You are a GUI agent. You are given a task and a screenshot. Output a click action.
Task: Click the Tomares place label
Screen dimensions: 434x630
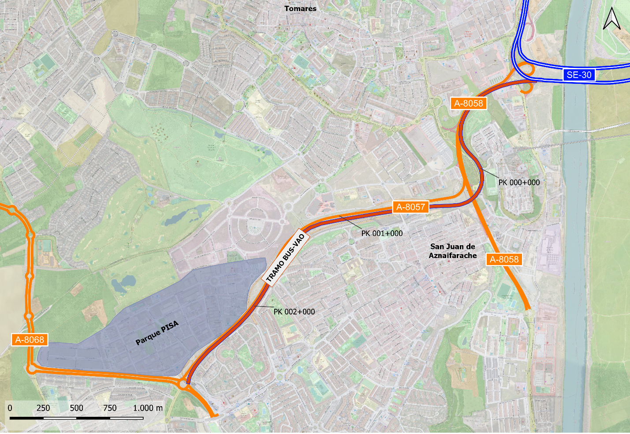point(300,8)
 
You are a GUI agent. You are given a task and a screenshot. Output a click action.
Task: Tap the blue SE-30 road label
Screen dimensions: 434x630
point(579,75)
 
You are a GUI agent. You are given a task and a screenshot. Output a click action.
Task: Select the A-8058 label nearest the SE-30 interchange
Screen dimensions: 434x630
point(469,103)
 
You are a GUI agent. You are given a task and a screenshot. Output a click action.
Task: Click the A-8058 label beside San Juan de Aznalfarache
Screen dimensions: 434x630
point(504,259)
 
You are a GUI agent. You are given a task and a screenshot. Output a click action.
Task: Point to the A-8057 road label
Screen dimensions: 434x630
point(410,207)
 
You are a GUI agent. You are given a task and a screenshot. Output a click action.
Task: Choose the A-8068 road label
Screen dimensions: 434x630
point(30,340)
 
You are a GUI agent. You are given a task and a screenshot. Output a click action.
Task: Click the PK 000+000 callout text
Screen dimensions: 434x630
point(519,183)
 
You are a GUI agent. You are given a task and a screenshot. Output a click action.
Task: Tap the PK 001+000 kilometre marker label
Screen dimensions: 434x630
point(382,233)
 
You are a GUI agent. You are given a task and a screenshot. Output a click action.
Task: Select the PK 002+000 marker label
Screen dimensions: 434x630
point(294,312)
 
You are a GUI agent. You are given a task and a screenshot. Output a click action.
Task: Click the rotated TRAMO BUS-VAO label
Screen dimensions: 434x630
point(286,258)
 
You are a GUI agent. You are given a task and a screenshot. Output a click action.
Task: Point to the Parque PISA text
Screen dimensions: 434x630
point(157,333)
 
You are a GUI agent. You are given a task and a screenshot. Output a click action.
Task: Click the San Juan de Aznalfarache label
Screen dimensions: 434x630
point(453,251)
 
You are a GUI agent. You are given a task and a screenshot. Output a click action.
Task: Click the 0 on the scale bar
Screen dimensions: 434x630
point(10,408)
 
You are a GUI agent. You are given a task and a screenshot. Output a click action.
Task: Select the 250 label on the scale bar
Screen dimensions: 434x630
point(43,408)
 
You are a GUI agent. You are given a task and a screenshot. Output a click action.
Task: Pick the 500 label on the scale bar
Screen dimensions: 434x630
point(76,408)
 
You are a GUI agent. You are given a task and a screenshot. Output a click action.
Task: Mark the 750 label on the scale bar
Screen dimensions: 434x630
point(110,408)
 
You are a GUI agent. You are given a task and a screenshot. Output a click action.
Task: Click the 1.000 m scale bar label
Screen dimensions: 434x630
point(148,408)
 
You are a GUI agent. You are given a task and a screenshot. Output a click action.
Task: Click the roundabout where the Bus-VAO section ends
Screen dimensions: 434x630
point(183,385)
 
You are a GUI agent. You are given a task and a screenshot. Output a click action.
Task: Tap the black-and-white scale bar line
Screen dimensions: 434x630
point(76,418)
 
